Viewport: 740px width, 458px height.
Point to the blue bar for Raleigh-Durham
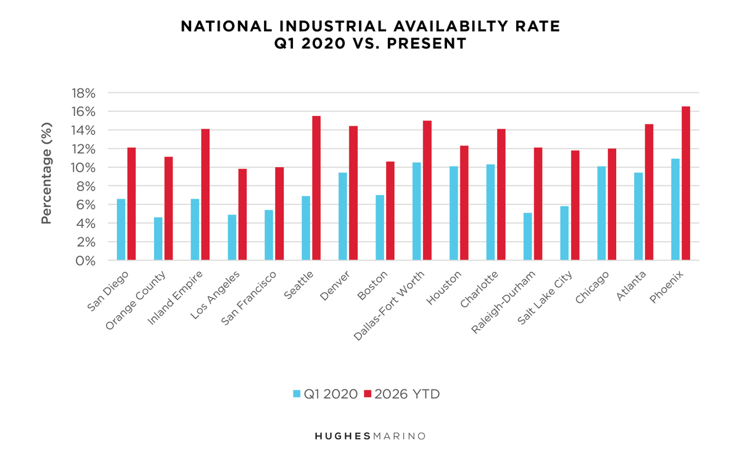click(x=528, y=237)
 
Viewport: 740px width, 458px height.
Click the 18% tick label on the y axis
click(x=84, y=93)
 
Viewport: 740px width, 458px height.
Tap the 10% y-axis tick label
click(x=84, y=168)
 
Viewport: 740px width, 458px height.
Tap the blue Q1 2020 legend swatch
click(x=297, y=394)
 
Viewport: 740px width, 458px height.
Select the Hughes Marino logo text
click(x=370, y=436)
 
